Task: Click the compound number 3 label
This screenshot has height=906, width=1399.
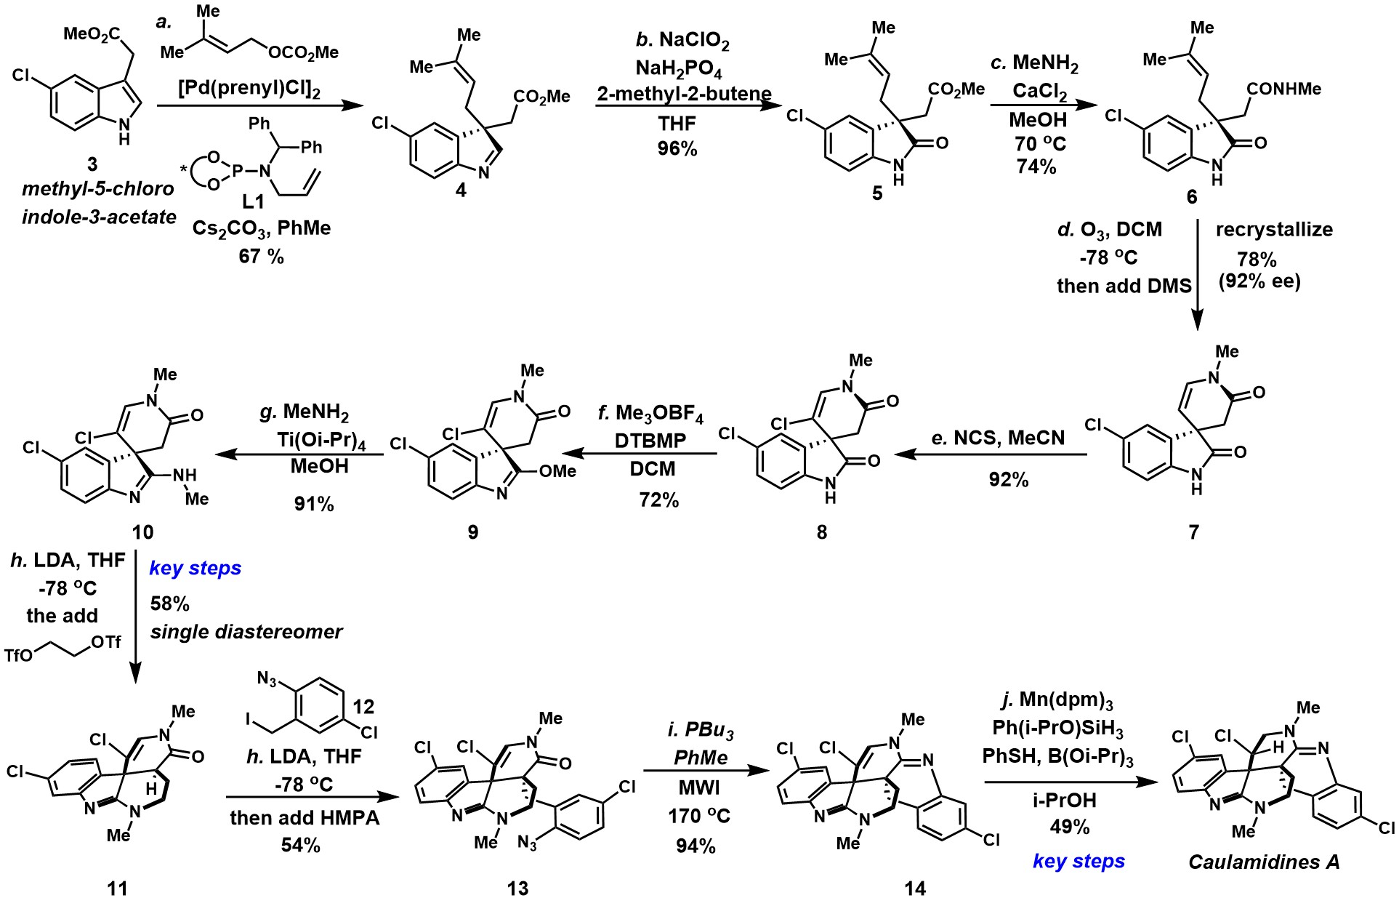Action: tap(113, 166)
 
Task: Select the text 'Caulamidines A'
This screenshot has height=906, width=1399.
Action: tap(1264, 862)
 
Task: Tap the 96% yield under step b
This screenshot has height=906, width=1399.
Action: tap(677, 149)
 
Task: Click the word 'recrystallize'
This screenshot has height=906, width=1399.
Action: tap(1274, 230)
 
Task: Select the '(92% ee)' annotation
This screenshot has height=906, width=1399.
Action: tap(1259, 281)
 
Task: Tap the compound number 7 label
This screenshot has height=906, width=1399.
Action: tap(1193, 532)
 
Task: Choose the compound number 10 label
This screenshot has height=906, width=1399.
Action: tap(142, 532)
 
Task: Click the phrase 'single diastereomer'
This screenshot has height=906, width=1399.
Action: tap(246, 632)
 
